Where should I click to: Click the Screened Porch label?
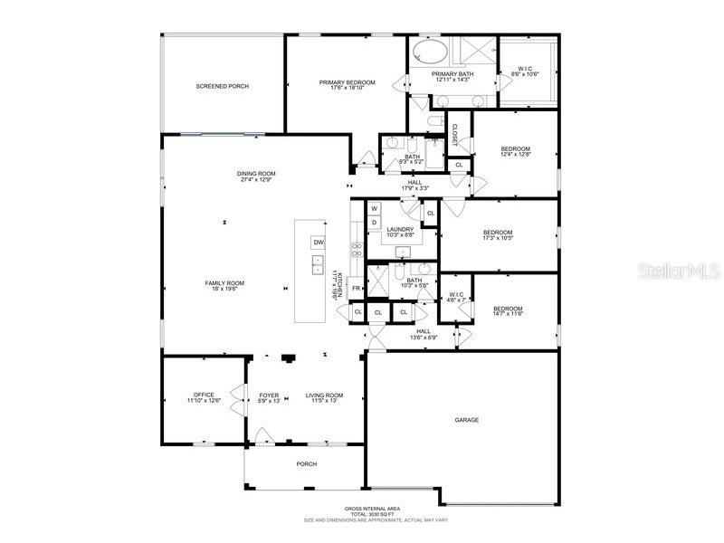[x=222, y=86]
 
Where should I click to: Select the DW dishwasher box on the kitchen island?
[x=318, y=242]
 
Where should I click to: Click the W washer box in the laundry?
[x=373, y=208]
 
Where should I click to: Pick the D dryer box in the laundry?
[x=373, y=222]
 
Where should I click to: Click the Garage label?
[x=467, y=420]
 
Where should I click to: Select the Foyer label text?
[x=269, y=395]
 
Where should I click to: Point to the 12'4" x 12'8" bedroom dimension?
[x=516, y=155]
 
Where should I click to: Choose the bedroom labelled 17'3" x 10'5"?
[x=498, y=235]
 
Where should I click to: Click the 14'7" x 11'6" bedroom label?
[x=508, y=312]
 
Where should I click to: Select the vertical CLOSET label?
[x=454, y=135]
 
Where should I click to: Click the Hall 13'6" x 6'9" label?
[x=424, y=334]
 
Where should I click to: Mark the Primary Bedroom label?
[x=347, y=84]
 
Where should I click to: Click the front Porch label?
[x=307, y=464]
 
